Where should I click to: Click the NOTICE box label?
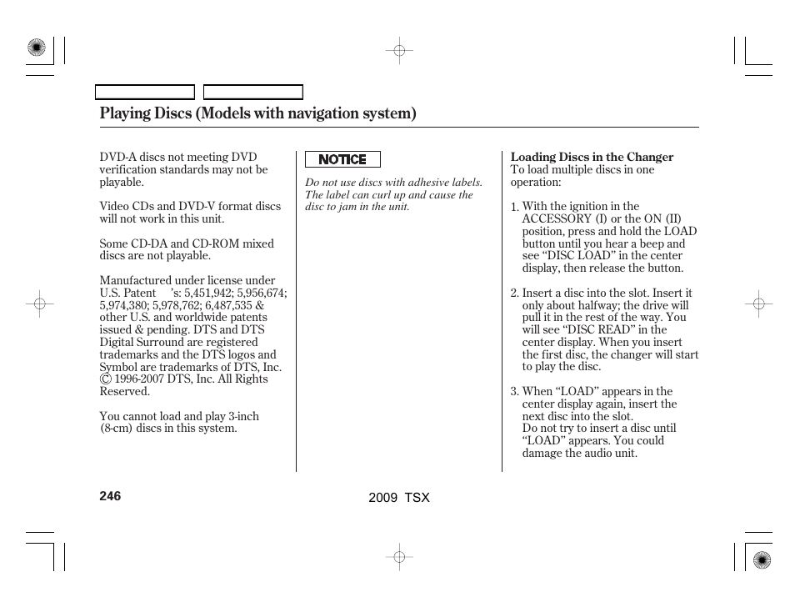pos(342,159)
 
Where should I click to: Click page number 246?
pos(110,495)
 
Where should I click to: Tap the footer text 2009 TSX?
pos(398,497)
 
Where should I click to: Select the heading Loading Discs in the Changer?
pos(592,157)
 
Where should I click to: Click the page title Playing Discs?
pos(257,113)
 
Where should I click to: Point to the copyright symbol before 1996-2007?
pos(106,379)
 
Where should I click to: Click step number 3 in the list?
pos(514,392)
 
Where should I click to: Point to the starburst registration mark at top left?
pos(36,48)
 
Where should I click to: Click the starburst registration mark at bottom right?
pos(761,559)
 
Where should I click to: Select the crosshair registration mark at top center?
pos(399,51)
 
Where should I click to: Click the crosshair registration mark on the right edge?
pos(758,305)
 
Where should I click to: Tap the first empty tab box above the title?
pos(144,93)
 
